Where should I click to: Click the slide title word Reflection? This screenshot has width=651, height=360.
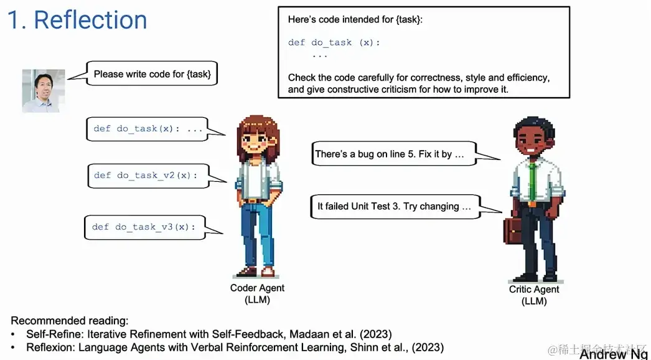click(90, 20)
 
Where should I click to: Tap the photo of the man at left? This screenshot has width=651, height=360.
click(44, 90)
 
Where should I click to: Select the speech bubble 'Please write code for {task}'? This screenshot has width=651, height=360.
click(152, 74)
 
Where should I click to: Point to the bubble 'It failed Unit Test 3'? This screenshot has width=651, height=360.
click(395, 206)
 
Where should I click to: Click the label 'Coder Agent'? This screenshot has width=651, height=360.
click(257, 288)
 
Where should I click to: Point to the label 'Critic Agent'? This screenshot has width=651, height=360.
click(534, 290)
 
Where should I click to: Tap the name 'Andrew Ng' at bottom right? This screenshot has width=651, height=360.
click(612, 354)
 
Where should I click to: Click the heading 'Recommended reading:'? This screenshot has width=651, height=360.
click(70, 321)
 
